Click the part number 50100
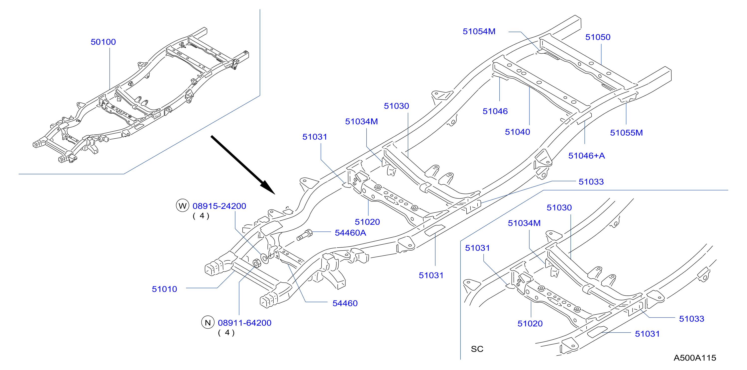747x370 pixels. [x=103, y=42]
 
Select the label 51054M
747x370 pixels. [x=479, y=31]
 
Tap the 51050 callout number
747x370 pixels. [x=598, y=37]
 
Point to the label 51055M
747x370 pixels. [x=626, y=133]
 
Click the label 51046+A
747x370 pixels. [x=587, y=156]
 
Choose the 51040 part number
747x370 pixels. [x=517, y=132]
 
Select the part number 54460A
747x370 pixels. [x=350, y=233]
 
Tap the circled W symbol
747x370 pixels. [x=182, y=206]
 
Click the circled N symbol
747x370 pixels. [x=208, y=322]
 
